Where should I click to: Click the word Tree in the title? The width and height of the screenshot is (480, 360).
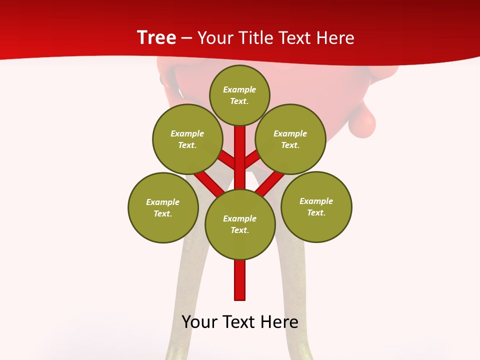pos(156,37)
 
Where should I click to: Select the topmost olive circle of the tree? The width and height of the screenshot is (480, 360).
pos(239,95)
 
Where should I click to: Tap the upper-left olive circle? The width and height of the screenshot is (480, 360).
pos(187,139)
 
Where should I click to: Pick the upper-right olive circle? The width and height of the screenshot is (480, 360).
pos(290,139)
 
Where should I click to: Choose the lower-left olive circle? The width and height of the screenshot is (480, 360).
pos(163,207)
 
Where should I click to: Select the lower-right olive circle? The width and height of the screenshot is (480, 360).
pos(316,206)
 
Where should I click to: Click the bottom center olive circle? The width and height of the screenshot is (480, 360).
pos(240,224)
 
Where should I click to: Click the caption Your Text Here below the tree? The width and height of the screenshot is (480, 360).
pos(240,321)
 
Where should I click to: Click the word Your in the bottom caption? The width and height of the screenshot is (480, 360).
pos(199,321)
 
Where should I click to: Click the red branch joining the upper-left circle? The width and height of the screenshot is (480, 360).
pos(227,160)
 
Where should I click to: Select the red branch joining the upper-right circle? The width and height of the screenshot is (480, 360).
pos(252,160)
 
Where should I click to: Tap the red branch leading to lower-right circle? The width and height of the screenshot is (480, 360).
pos(270,182)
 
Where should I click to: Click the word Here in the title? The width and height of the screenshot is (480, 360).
pos(335,38)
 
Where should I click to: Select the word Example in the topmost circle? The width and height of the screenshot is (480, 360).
pos(239,90)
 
